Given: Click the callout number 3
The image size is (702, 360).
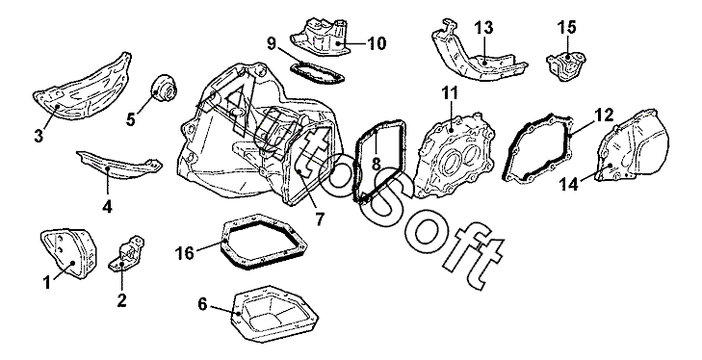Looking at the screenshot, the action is (x=39, y=136).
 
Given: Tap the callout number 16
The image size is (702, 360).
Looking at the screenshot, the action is (x=185, y=253).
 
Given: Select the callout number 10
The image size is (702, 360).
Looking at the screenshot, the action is (x=377, y=43).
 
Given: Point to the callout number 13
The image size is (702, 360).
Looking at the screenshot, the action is (x=483, y=28).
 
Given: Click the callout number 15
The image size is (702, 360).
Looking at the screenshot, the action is (x=566, y=27).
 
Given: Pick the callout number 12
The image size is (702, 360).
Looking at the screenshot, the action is (x=604, y=116).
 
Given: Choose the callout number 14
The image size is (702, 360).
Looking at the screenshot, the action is (x=569, y=184).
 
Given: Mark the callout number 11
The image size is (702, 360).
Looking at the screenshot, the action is (x=450, y=93).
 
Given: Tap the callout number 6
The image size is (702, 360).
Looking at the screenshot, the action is (x=202, y=304).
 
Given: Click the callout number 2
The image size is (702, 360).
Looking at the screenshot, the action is (x=121, y=300).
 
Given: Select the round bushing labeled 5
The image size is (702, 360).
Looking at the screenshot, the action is (x=165, y=89).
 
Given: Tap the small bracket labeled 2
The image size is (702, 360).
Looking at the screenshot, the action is (x=127, y=254).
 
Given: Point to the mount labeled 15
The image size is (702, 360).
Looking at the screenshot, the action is (x=566, y=67).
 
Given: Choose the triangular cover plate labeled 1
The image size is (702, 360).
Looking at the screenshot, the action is (x=68, y=254).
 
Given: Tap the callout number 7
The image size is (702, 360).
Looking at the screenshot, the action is (x=319, y=219).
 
